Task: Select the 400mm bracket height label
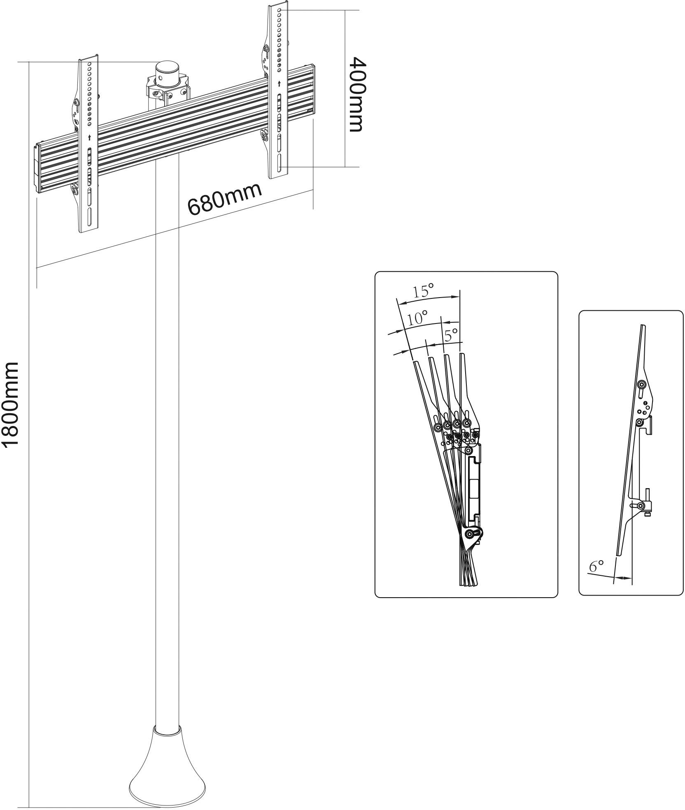pyautogui.click(x=356, y=94)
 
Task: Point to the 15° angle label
pyautogui.click(x=424, y=291)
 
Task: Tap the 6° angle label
pyautogui.click(x=596, y=566)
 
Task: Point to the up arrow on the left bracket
pyautogui.click(x=89, y=137)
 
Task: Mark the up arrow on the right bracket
pyautogui.click(x=280, y=84)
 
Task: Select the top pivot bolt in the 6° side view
pyautogui.click(x=641, y=384)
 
